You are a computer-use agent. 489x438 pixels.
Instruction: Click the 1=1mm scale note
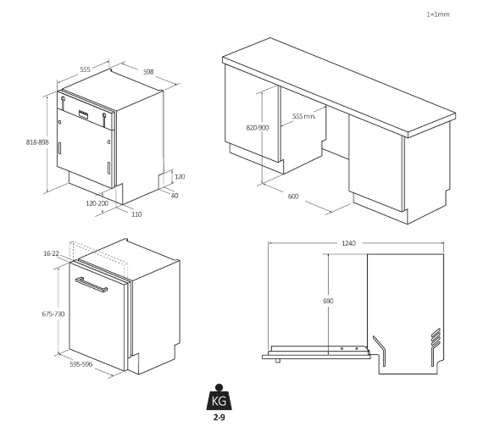pyautogui.click(x=438, y=14)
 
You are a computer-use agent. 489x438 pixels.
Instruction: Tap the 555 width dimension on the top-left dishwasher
pyautogui.click(x=85, y=69)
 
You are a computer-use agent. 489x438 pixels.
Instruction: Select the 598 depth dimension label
pyautogui.click(x=148, y=72)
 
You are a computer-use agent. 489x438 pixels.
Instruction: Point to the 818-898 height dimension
pyautogui.click(x=37, y=142)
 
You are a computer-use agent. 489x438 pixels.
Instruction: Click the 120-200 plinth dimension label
pyautogui.click(x=97, y=203)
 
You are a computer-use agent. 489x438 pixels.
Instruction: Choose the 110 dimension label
pyautogui.click(x=136, y=214)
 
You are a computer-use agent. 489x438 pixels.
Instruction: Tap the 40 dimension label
pyautogui.click(x=175, y=196)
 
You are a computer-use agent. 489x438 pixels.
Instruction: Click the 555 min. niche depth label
pyautogui.click(x=303, y=116)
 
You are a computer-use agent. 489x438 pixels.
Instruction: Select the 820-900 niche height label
pyautogui.click(x=258, y=128)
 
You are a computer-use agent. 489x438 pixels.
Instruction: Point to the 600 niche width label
pyautogui.click(x=293, y=196)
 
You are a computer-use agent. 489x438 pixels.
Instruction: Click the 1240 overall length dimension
pyautogui.click(x=348, y=243)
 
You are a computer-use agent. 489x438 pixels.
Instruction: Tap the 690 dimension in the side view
pyautogui.click(x=328, y=301)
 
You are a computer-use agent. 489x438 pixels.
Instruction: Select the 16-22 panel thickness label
pyautogui.click(x=51, y=253)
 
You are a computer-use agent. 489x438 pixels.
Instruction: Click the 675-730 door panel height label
pyautogui.click(x=53, y=313)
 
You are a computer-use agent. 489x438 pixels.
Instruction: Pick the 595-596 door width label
pyautogui.click(x=81, y=364)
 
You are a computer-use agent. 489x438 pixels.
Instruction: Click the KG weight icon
pyautogui.click(x=219, y=397)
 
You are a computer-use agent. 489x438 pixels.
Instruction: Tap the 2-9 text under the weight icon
pyautogui.click(x=219, y=417)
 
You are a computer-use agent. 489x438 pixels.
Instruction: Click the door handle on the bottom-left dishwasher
pyautogui.click(x=92, y=285)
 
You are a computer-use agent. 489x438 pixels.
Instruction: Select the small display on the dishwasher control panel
pyautogui.click(x=83, y=114)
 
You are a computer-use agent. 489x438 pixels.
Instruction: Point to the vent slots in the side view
pyautogui.click(x=436, y=337)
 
